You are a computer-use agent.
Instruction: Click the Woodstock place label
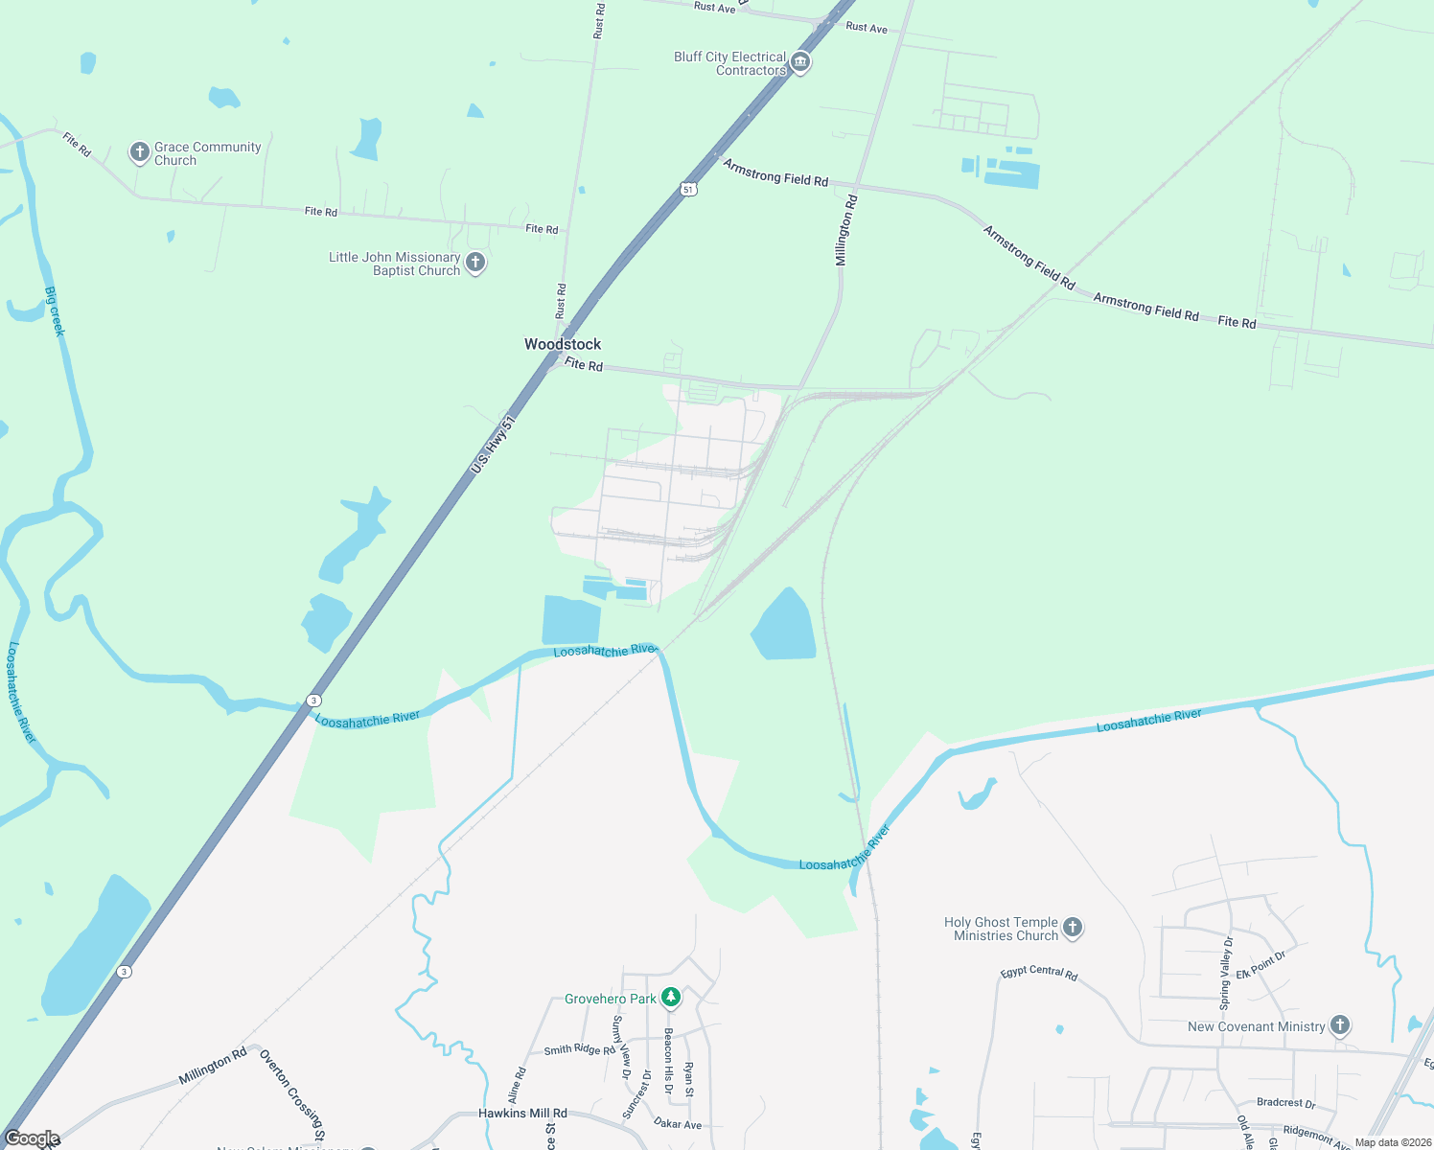(x=563, y=344)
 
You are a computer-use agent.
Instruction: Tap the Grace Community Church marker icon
(x=140, y=152)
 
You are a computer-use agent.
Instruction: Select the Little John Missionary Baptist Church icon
(x=474, y=263)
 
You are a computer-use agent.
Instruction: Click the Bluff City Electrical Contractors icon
(x=800, y=63)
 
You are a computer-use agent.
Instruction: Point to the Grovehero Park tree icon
(x=671, y=999)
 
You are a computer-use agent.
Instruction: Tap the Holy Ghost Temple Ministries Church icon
(x=1073, y=928)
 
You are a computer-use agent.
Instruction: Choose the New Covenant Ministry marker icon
(x=1340, y=1026)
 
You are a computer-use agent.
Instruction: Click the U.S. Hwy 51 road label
(x=494, y=445)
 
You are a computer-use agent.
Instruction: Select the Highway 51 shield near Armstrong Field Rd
(x=688, y=190)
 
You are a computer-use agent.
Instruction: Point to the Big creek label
(x=55, y=311)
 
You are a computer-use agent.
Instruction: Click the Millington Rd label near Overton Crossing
(x=213, y=1067)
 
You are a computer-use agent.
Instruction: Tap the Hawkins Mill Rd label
(x=522, y=1114)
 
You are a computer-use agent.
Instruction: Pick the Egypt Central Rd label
(x=1039, y=973)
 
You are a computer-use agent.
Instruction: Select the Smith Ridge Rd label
(x=580, y=1050)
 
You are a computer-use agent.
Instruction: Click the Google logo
(x=32, y=1138)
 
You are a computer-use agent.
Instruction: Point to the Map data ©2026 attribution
(x=1392, y=1142)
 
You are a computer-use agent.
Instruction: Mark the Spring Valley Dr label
(x=1226, y=974)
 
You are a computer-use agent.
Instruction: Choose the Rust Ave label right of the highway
(x=867, y=28)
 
